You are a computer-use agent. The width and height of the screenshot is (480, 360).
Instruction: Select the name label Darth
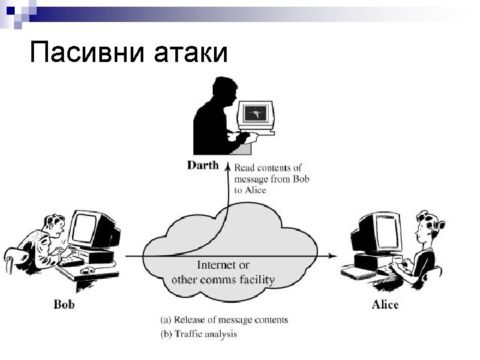coord(203,165)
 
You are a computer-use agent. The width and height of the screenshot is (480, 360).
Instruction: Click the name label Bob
coord(64,305)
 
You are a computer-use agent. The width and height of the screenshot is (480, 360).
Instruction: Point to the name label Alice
coord(385,305)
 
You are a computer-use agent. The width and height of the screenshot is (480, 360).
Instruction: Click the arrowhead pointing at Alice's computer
coord(331,255)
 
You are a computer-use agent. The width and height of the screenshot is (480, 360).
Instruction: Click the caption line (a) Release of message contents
coord(225,320)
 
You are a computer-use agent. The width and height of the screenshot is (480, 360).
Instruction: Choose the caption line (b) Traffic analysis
coord(199,333)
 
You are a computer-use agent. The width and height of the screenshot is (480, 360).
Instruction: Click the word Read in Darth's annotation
coord(246,167)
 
